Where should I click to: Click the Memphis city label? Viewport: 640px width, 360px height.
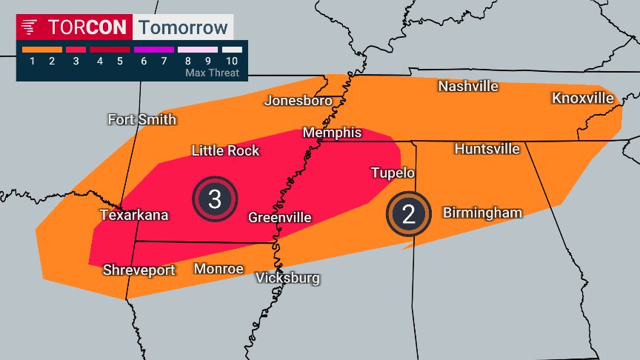click(x=332, y=133)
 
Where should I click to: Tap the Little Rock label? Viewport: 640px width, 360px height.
click(x=225, y=150)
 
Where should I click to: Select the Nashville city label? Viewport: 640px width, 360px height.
click(x=467, y=86)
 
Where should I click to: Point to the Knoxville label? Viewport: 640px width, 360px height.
click(x=582, y=98)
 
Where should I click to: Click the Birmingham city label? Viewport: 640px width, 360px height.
click(x=482, y=213)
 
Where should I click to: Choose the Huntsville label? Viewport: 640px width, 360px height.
click(x=487, y=149)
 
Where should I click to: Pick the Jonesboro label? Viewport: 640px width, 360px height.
click(x=299, y=100)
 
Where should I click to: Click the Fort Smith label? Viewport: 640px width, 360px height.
click(x=141, y=119)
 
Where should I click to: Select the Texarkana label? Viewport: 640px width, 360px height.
click(x=134, y=215)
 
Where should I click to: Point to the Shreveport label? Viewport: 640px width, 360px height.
click(x=139, y=270)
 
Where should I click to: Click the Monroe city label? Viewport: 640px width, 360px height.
click(x=219, y=268)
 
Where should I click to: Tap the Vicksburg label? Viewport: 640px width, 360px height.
click(x=287, y=278)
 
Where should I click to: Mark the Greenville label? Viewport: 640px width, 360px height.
click(x=279, y=217)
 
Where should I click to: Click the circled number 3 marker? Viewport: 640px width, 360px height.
click(x=215, y=199)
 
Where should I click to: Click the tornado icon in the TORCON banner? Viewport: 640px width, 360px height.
click(x=30, y=27)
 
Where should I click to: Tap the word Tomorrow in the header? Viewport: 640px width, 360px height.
click(x=183, y=27)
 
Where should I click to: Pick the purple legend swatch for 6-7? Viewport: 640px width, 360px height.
click(x=153, y=50)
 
